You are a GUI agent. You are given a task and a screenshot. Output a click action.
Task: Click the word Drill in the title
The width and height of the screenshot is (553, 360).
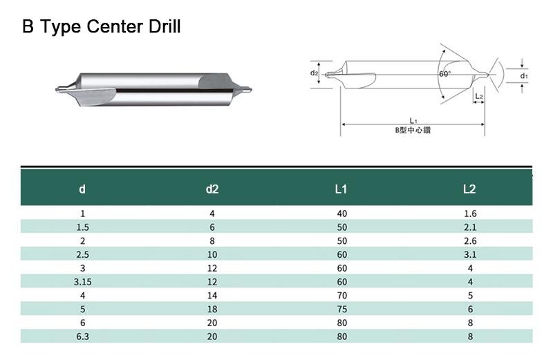pos(165,26)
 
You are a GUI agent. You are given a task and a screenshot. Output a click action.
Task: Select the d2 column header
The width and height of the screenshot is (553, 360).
pos(212,189)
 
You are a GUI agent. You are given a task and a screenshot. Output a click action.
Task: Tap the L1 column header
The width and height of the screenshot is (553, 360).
pos(341,189)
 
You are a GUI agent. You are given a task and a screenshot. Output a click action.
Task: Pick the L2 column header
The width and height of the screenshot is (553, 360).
pos(469,189)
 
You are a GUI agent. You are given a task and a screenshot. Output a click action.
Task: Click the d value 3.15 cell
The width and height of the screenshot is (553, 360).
pos(82,282)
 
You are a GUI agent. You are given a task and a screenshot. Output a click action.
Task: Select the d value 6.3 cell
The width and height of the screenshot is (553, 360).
pos(82,337)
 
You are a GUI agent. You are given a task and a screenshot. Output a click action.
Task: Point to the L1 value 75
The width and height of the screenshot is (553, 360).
pos(341,310)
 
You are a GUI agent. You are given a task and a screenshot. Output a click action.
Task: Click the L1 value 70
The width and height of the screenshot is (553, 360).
pos(341,296)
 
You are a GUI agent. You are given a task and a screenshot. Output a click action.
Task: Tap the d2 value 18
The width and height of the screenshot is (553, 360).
pos(212,310)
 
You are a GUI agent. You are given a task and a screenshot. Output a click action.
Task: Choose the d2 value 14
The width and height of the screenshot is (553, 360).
pos(212,296)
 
